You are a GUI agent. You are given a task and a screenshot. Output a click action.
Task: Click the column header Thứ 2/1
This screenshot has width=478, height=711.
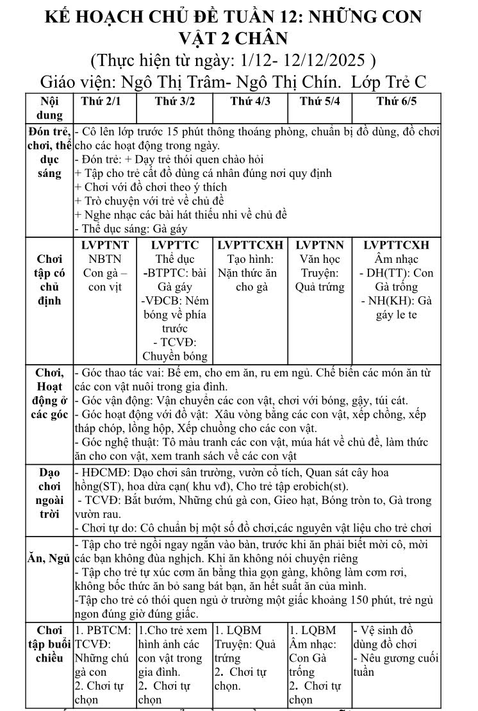click(101, 101)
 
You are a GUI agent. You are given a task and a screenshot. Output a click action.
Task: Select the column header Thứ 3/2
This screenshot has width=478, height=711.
click(174, 101)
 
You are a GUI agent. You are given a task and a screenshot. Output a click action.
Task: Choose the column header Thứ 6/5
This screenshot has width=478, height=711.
click(396, 101)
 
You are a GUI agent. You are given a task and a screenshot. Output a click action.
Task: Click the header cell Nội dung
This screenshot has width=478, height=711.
click(49, 108)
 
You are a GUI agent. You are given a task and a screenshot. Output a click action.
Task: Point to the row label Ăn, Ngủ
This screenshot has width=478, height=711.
click(49, 559)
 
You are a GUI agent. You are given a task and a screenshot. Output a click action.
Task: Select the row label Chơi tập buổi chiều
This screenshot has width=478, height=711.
click(49, 644)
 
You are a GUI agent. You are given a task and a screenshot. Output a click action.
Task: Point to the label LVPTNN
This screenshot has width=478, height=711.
click(319, 245)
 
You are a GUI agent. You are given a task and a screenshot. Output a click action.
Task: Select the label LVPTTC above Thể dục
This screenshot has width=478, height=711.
click(174, 245)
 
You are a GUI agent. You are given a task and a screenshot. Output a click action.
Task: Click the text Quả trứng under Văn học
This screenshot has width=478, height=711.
click(319, 287)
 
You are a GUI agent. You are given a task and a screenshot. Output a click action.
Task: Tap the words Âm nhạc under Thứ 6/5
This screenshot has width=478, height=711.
click(396, 259)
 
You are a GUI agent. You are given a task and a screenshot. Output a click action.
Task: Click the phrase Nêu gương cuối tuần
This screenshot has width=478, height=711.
click(395, 665)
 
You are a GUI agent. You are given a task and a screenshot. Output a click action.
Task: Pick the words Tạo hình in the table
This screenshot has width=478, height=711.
click(250, 259)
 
